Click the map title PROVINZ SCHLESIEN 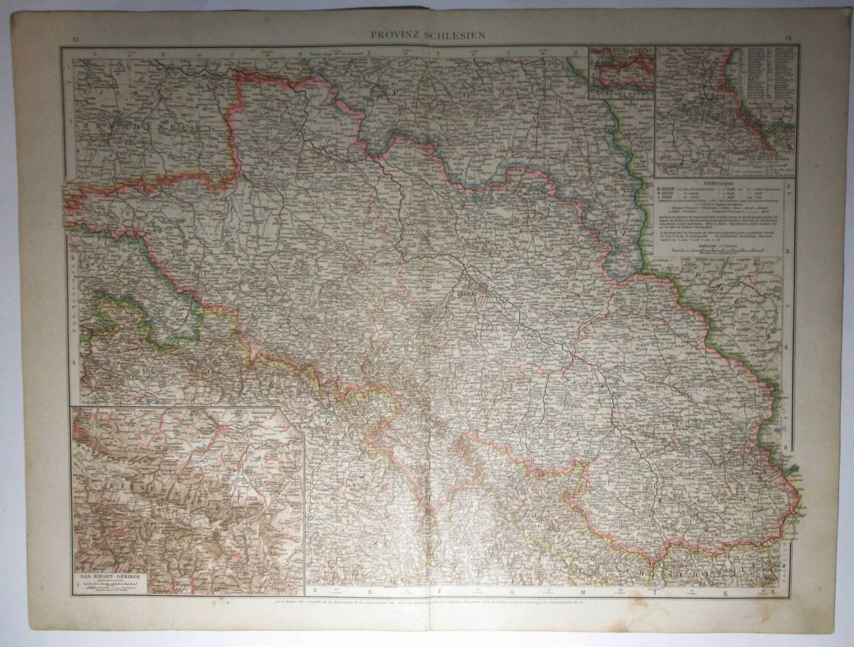427,36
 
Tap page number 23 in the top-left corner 75,40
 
